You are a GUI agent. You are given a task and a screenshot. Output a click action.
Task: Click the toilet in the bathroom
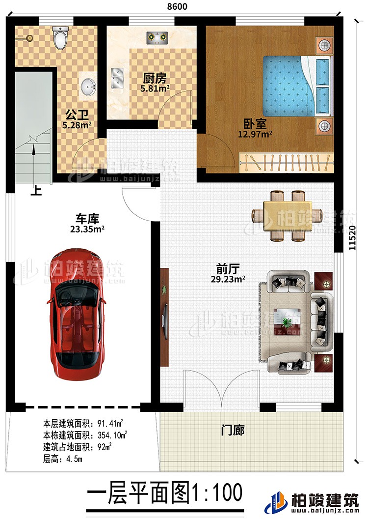click(60, 38)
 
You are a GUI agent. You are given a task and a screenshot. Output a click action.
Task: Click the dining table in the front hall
click(287, 215)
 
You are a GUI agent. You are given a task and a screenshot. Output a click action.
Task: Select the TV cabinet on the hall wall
click(164, 316)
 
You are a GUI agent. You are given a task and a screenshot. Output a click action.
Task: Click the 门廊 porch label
click(233, 431)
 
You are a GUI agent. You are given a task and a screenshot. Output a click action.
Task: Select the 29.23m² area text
click(228, 279)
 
